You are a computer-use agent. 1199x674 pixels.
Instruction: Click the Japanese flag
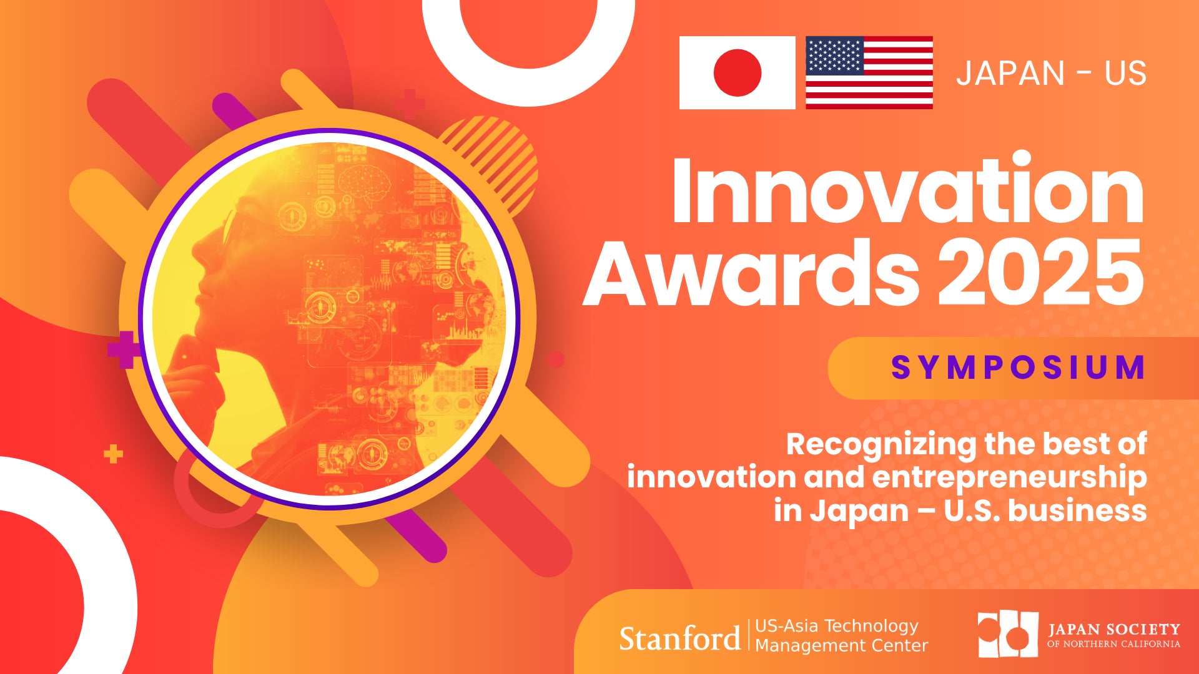(x=737, y=72)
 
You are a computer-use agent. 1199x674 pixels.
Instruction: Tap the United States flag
(x=869, y=72)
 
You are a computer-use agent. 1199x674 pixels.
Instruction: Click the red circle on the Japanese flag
(x=738, y=72)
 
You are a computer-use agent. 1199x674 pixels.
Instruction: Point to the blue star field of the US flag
(x=835, y=56)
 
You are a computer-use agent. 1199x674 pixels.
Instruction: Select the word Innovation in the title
(x=907, y=190)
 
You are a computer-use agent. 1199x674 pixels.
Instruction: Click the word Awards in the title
(x=751, y=272)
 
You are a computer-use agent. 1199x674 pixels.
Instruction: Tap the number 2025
(x=1041, y=272)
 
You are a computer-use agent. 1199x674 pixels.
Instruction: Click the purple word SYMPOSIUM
(x=1019, y=367)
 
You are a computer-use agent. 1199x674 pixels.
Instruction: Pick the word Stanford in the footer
(x=679, y=638)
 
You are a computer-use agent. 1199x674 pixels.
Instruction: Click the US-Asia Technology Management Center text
(x=841, y=635)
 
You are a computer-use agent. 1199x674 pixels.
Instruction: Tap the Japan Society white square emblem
(x=1008, y=634)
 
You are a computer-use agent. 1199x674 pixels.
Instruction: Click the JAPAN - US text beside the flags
(x=1052, y=73)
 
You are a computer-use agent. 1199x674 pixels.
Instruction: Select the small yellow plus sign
(x=113, y=454)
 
